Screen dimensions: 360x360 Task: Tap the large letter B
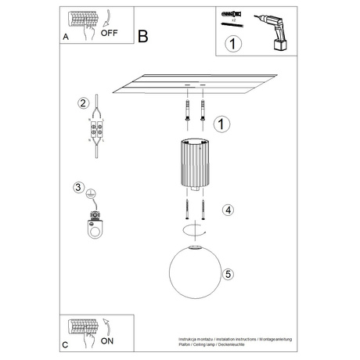[x=142, y=36]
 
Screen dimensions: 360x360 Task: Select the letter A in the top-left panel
[x=66, y=37]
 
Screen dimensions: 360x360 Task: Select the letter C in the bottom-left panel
[x=66, y=344]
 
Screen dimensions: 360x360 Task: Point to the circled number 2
[x=81, y=103]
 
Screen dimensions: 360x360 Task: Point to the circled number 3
[x=78, y=188]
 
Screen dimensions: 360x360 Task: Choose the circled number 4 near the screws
[x=227, y=210]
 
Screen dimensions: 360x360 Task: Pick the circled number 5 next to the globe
[x=228, y=274]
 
